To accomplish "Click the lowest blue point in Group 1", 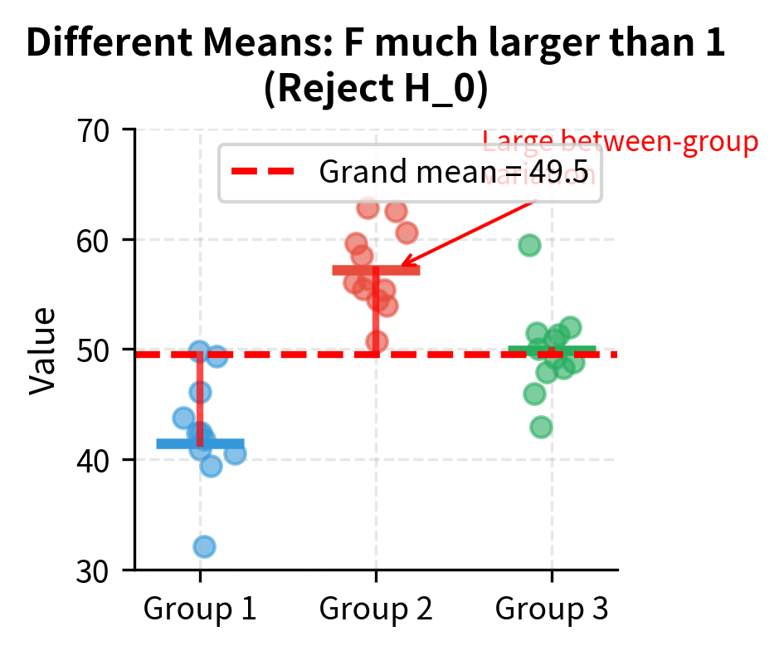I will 204,546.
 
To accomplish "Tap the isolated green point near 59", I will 529,245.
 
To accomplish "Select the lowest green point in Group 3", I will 541,427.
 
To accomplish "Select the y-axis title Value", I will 43,350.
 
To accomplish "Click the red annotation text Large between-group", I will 620,143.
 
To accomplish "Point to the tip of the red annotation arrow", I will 401,267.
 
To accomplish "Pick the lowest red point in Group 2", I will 377,341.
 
